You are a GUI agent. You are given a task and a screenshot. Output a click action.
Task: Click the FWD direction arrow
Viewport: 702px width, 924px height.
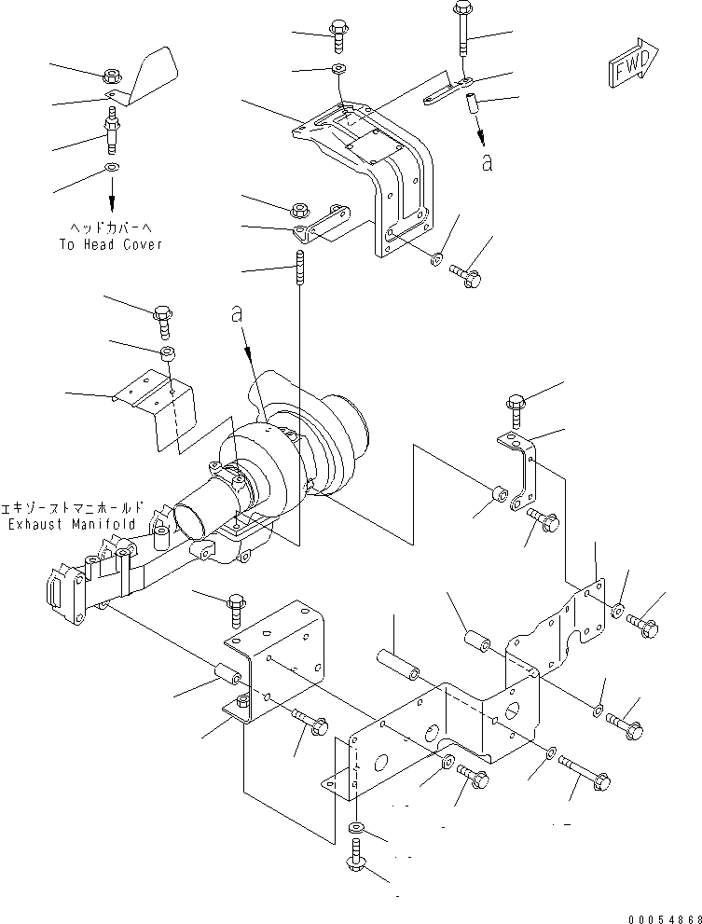coord(633,62)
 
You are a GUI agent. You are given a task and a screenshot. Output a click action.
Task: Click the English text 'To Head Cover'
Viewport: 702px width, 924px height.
coord(111,244)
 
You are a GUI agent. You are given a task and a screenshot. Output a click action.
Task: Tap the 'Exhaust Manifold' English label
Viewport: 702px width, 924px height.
coord(72,524)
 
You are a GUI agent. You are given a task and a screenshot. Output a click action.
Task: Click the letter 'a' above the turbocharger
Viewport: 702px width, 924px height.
coord(237,314)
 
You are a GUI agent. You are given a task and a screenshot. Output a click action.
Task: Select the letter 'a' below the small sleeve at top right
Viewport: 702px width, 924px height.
coord(487,162)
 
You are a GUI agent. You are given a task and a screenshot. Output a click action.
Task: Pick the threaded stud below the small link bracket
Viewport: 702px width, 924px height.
coord(300,267)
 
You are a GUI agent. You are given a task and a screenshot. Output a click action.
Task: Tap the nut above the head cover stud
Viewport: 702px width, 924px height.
coord(112,76)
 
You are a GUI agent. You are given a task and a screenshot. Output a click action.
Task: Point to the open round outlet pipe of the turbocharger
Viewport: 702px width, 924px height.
coord(190,517)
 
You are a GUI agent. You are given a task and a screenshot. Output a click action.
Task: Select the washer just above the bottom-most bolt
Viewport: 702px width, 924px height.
coord(357,827)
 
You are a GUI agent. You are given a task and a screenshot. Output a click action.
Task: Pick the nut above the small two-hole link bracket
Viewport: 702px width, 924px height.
coord(300,210)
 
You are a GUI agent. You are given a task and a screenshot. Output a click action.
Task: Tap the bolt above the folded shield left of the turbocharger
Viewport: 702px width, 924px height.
coord(162,322)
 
